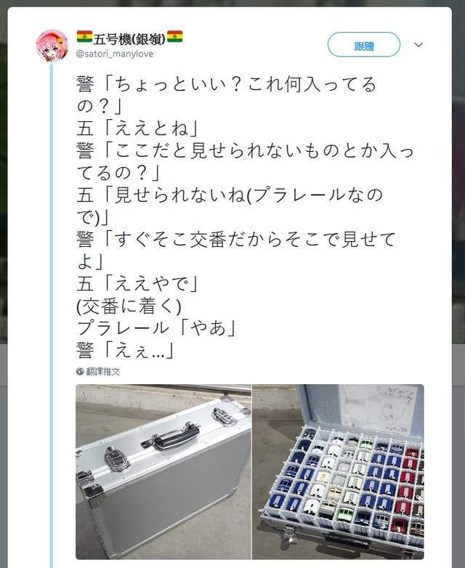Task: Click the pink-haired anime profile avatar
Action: coord(52,46)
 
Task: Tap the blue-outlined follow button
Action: coord(363,44)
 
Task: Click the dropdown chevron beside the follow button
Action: coord(418,45)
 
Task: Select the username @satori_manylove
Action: coord(115,54)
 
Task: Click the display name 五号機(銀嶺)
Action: coord(129,38)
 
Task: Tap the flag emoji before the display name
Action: coord(84,36)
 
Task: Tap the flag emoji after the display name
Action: coord(174,36)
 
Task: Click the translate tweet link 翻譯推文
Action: coord(103,371)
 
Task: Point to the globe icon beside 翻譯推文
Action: coord(80,371)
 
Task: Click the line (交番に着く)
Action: coord(129,307)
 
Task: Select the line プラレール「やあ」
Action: coord(156,328)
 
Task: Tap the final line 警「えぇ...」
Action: coord(126,351)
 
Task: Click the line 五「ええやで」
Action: coord(137,284)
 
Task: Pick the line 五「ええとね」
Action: coord(137,129)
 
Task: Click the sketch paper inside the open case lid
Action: coord(381,408)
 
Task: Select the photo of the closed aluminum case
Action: coord(163,471)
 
